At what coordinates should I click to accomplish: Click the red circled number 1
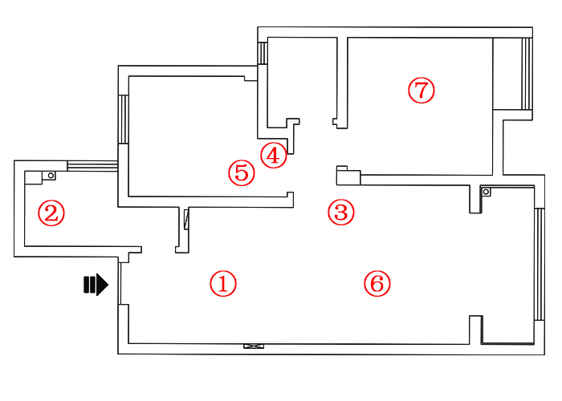click(x=223, y=283)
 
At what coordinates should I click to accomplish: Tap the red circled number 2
click(x=51, y=213)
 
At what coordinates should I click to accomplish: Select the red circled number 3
click(x=341, y=213)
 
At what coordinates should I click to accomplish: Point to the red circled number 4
click(x=273, y=155)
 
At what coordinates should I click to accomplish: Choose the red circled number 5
click(x=241, y=172)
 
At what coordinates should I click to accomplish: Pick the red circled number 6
click(x=377, y=283)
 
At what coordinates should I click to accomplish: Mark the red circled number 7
click(x=421, y=90)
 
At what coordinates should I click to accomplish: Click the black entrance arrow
click(x=96, y=285)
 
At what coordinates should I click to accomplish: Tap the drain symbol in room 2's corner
click(x=50, y=175)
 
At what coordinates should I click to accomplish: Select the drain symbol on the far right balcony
click(x=486, y=192)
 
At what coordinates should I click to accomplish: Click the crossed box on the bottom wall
click(x=254, y=346)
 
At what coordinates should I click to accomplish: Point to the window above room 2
click(x=92, y=165)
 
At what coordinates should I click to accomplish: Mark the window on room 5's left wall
click(x=124, y=119)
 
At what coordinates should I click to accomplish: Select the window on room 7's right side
click(x=527, y=74)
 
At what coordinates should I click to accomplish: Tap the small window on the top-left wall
click(x=262, y=52)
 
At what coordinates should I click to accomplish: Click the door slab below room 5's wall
click(x=186, y=219)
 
